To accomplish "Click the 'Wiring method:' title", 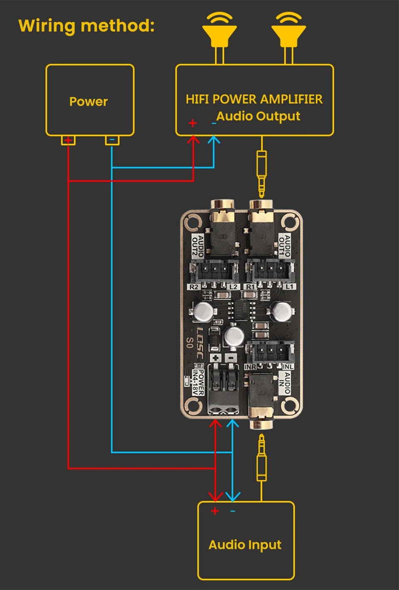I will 86,26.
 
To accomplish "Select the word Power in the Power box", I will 89,101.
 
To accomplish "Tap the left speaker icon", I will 219,31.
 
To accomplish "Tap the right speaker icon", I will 288,31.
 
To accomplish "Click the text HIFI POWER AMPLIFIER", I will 254,99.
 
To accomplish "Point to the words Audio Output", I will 258,116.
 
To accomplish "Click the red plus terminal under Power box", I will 68,141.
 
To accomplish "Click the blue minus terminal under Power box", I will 112,140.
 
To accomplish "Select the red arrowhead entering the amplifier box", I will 193,140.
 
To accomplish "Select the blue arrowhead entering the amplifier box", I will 214,140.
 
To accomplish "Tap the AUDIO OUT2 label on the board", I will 197,245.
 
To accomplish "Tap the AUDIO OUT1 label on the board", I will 284,245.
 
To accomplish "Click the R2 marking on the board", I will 194,287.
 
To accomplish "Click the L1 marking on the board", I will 289,287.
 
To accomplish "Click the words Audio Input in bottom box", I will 245,545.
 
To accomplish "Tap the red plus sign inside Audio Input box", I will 215,511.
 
